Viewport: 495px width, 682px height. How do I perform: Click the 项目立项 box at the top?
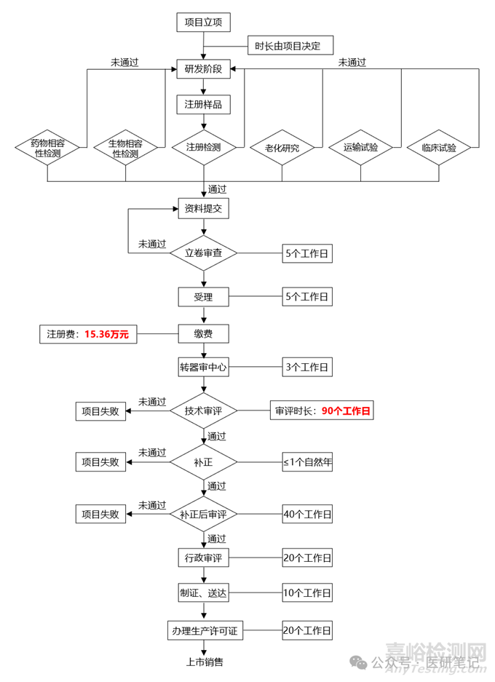coord(204,23)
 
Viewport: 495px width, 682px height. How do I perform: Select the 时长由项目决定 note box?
coord(290,47)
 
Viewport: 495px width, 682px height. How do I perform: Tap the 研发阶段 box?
coord(204,70)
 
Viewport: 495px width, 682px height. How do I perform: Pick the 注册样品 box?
coord(204,104)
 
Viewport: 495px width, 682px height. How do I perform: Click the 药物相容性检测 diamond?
coord(47,148)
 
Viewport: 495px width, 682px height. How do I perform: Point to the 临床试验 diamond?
coord(440,148)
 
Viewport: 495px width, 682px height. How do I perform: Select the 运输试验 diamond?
coord(362,148)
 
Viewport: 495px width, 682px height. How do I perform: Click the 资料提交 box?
coord(204,209)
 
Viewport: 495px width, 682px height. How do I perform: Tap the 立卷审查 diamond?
coord(204,253)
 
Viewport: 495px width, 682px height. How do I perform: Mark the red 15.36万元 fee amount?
coord(107,334)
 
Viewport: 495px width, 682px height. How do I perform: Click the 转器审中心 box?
coord(204,367)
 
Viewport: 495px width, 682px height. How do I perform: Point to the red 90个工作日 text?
coord(346,411)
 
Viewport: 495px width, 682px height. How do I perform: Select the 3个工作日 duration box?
coord(307,367)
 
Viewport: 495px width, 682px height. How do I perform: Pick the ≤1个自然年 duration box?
coord(307,462)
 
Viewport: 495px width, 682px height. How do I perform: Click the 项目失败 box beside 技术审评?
coord(101,411)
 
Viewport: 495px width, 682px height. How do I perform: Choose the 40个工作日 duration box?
coord(307,514)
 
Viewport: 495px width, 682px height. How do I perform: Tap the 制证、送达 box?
coord(204,593)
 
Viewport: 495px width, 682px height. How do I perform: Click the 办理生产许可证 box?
coord(204,630)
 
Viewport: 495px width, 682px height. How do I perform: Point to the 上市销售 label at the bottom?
coord(204,662)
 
